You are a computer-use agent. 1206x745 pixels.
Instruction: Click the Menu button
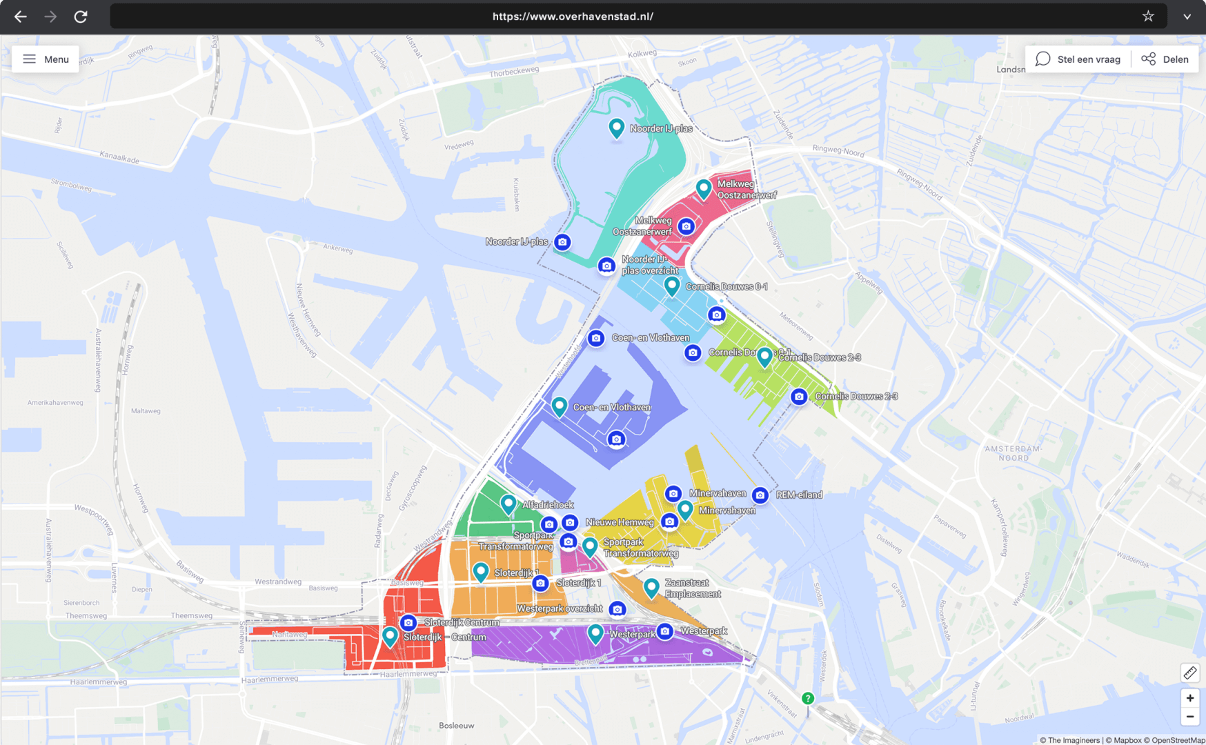pos(46,59)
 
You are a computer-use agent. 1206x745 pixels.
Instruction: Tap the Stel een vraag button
pos(1078,59)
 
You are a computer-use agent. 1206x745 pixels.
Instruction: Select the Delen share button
pos(1165,59)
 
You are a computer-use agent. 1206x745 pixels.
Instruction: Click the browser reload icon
pos(81,17)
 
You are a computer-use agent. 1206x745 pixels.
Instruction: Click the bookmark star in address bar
pos(1148,17)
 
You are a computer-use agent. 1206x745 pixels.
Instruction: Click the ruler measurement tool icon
pos(1189,673)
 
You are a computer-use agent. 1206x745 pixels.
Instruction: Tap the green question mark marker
pos(808,699)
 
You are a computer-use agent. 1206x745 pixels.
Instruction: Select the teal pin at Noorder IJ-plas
pos(616,127)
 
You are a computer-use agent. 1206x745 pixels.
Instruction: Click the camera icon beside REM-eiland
pos(760,495)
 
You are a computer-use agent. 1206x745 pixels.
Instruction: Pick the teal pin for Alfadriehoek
pos(508,504)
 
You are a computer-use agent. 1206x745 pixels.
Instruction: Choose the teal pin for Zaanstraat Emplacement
pos(651,587)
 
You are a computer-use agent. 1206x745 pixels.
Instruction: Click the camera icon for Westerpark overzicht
pos(617,609)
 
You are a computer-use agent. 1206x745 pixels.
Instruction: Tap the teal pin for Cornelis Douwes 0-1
pos(672,285)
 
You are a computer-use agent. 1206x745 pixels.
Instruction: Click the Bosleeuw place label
pos(457,726)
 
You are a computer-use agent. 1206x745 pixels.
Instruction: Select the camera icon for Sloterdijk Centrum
pos(408,622)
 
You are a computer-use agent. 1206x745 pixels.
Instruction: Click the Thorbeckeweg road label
pos(514,71)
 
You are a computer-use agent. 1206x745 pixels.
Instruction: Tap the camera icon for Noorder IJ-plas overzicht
pos(606,266)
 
